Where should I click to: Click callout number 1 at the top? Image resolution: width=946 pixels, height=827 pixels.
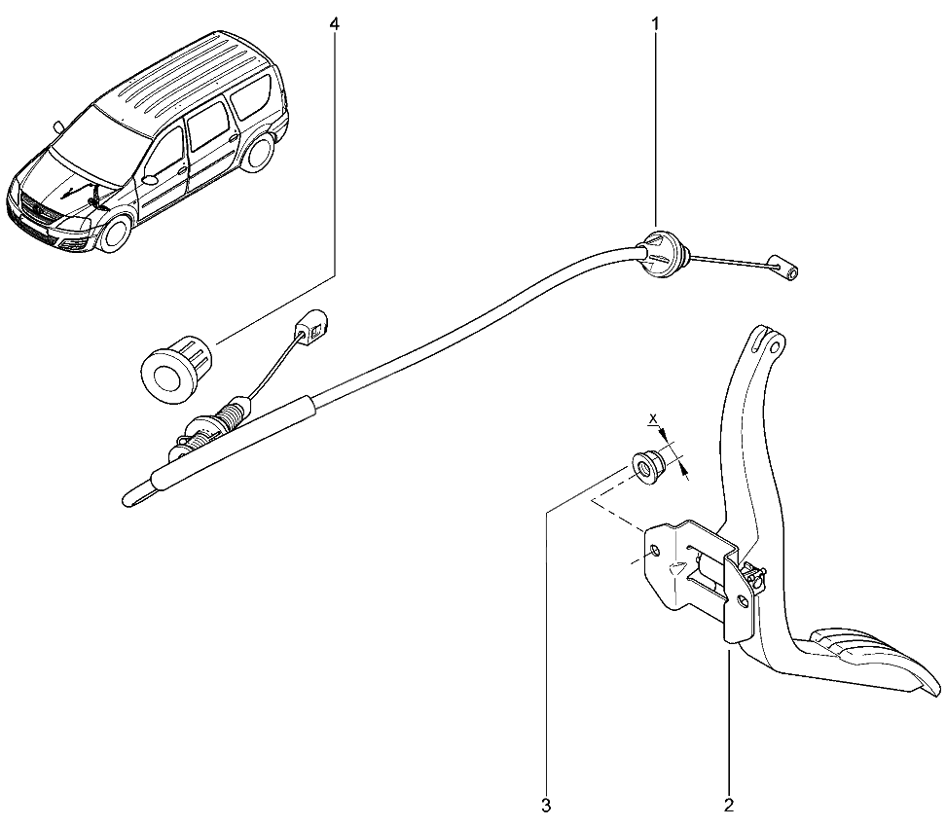[655, 23]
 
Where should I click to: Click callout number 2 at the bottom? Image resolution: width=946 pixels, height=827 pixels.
[729, 805]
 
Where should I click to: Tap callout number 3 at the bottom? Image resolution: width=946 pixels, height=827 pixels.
[546, 805]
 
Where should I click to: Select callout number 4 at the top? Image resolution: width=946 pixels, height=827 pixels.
[334, 23]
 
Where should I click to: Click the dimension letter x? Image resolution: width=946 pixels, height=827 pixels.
[652, 418]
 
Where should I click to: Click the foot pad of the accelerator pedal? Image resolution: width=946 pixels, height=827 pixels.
[875, 660]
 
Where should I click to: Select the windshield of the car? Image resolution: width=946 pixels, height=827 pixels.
[97, 140]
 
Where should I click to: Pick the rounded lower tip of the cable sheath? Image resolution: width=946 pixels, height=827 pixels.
[129, 498]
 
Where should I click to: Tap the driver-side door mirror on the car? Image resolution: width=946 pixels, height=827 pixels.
[150, 179]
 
